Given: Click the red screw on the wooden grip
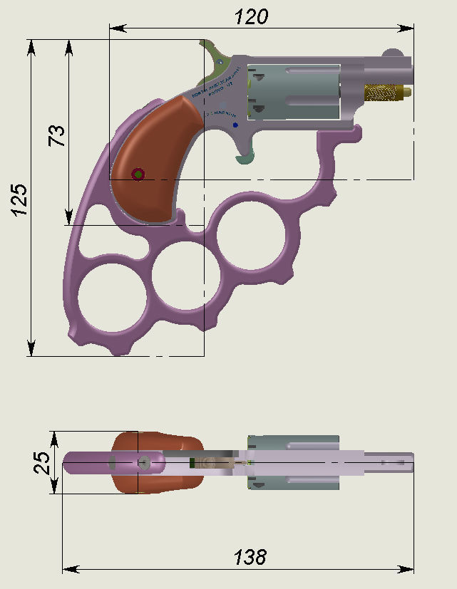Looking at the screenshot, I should tap(138, 174).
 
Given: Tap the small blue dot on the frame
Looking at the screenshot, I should tap(235, 125).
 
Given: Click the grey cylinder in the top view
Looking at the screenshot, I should tap(291, 463).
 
